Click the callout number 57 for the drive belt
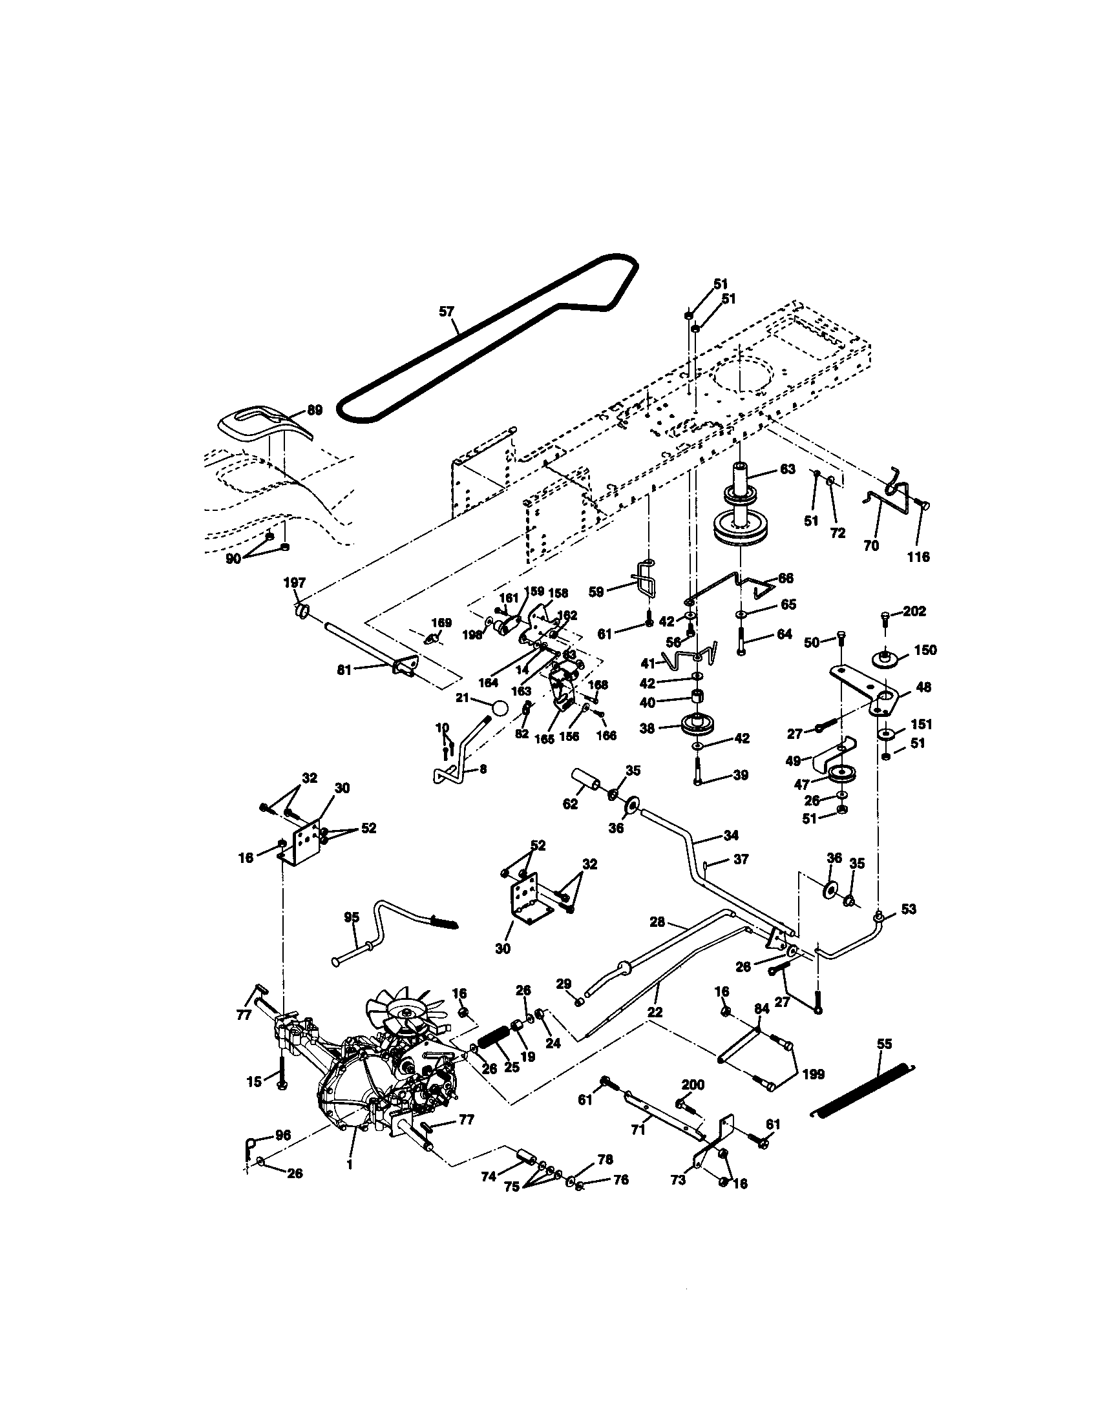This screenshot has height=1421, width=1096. [446, 312]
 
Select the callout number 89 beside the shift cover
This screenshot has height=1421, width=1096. [314, 411]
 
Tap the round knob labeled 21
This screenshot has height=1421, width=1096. [499, 708]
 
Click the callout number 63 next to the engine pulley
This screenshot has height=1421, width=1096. [787, 469]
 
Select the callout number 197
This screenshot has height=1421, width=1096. [294, 583]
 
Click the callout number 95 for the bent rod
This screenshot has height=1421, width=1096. [352, 917]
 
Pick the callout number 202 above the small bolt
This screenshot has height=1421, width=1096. [914, 612]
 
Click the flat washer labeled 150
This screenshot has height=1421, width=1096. [885, 658]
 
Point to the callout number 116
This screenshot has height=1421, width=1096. [918, 557]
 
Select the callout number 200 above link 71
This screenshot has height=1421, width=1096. [693, 1084]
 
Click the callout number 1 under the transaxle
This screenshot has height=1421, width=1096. [350, 1165]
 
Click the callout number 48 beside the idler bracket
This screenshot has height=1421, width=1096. [923, 687]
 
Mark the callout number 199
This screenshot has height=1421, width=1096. [813, 1074]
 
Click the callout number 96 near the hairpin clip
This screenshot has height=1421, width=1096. [283, 1135]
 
